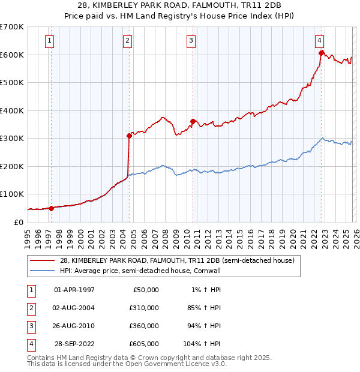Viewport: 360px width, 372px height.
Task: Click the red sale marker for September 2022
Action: (x=322, y=53)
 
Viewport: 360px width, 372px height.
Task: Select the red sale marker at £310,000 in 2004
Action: (x=129, y=136)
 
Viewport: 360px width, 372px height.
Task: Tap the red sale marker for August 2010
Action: (x=193, y=121)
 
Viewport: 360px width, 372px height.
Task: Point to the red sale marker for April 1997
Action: (x=51, y=208)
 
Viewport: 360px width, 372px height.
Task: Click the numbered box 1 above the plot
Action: (x=49, y=41)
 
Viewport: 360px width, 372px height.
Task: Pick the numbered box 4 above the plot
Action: (x=320, y=41)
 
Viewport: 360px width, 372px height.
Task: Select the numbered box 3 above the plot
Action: (x=191, y=41)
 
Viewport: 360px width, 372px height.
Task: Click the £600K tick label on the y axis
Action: (x=12, y=55)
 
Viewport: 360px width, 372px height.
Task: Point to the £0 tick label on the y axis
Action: (x=19, y=222)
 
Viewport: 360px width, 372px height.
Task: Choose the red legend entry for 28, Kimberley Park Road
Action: (x=176, y=261)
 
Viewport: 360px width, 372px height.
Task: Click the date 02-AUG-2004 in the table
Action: (x=74, y=308)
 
